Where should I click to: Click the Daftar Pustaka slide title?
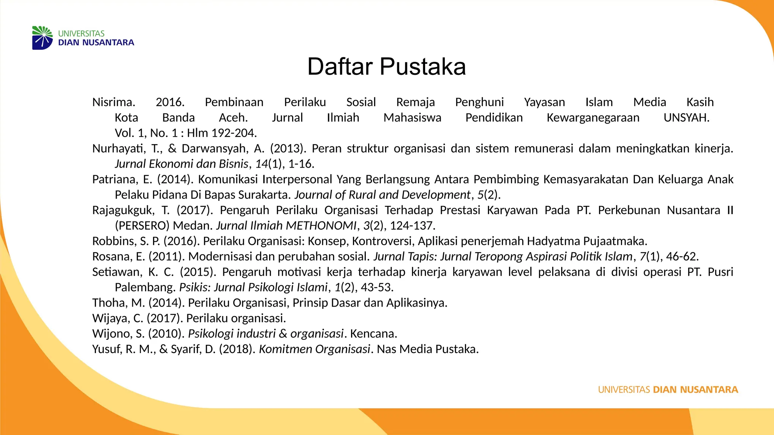click(386, 67)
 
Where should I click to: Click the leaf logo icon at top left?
click(42, 38)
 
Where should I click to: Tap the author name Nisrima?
click(113, 102)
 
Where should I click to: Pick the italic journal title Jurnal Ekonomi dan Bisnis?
click(181, 164)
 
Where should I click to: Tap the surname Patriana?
click(115, 179)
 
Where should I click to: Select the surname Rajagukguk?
click(123, 210)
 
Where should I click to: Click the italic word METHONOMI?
click(321, 226)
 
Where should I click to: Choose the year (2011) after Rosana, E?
click(167, 257)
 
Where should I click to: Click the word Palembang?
click(145, 287)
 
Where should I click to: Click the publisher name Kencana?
click(373, 334)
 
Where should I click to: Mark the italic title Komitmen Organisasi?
click(314, 349)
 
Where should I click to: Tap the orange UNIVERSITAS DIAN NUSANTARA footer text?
click(668, 390)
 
